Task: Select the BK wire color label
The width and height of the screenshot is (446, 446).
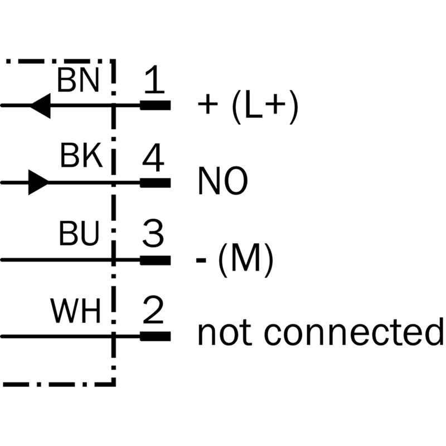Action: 81,157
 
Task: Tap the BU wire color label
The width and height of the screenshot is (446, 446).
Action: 79,235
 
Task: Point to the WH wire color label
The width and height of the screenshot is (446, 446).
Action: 76,313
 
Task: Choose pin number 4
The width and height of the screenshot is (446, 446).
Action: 153,159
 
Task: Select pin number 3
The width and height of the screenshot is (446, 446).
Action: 153,235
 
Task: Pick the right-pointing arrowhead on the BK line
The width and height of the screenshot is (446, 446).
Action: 38,182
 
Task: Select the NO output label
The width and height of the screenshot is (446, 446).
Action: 222,182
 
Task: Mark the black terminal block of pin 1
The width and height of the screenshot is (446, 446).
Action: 155,105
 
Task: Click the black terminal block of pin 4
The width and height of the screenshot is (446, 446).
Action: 155,182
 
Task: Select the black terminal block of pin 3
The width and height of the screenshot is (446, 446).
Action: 155,260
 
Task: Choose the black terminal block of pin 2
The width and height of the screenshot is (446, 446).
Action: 155,336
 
